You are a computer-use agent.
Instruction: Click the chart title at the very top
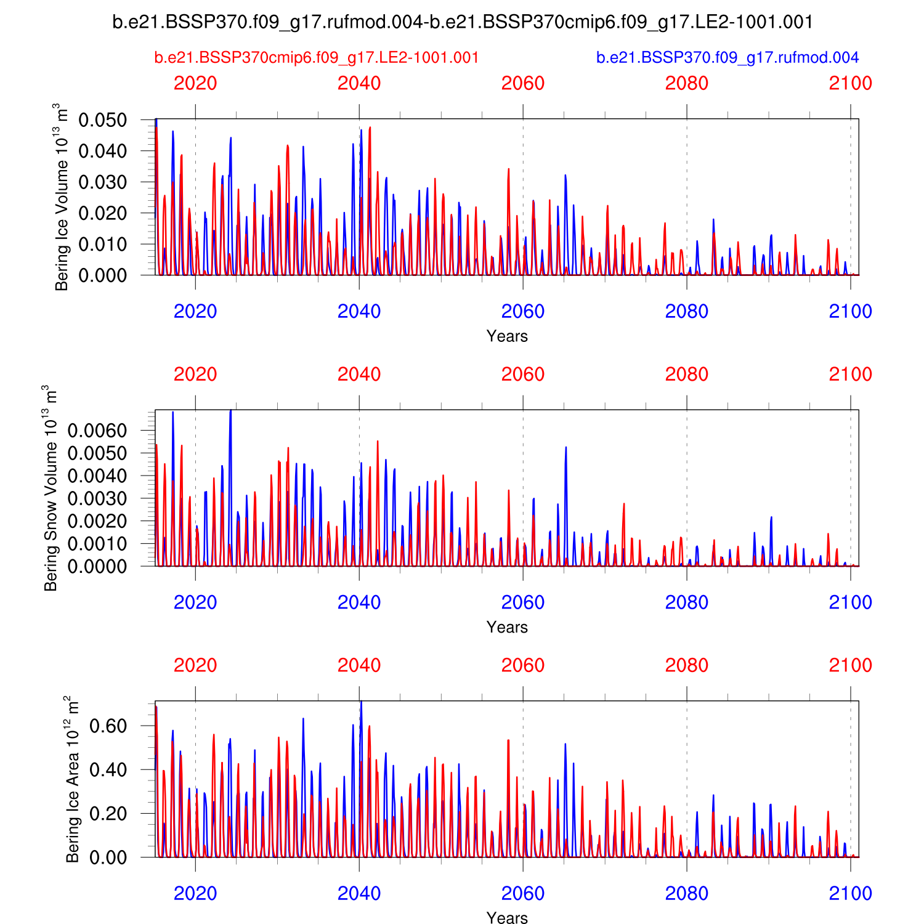tap(462, 22)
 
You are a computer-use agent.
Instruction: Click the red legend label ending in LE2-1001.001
tap(316, 58)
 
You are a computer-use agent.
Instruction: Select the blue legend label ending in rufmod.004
tap(727, 58)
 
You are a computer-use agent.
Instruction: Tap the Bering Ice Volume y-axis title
tap(62, 197)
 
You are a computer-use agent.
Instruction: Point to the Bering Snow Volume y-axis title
tap(51, 488)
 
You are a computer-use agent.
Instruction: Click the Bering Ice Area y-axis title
tap(73, 779)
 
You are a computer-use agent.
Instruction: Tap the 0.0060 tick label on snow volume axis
tap(97, 431)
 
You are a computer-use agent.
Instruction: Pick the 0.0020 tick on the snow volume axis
tap(97, 521)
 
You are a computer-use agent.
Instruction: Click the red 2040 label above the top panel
tap(359, 83)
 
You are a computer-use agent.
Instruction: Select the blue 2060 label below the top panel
tap(523, 312)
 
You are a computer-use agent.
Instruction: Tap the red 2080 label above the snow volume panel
tap(687, 375)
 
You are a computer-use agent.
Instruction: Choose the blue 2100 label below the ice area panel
tap(850, 893)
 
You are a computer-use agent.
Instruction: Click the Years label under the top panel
tap(507, 336)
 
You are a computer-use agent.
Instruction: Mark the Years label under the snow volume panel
tap(507, 627)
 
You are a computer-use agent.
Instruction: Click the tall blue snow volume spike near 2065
tap(565, 450)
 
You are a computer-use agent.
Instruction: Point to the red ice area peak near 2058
tap(508, 742)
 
